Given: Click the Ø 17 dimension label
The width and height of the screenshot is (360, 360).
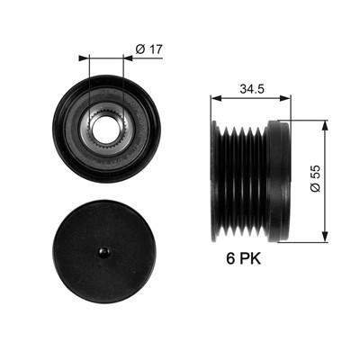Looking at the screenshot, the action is (148, 49).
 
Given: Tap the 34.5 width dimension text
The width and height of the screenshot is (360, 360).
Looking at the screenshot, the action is (252, 88).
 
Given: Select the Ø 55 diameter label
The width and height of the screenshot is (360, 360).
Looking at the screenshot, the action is (315, 179).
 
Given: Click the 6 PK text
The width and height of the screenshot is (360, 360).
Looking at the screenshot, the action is (244, 258).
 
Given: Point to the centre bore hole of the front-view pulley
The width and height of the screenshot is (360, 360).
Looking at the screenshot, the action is (106, 130).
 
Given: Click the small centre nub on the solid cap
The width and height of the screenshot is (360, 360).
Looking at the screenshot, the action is (104, 252).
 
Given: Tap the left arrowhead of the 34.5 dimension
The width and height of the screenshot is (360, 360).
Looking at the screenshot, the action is (216, 98).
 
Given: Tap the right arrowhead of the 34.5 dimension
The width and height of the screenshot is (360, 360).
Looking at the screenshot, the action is (285, 98).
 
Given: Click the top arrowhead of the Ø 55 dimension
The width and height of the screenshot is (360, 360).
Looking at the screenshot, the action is (325, 126).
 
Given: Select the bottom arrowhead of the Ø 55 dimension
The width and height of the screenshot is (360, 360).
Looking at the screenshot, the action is (325, 237).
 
